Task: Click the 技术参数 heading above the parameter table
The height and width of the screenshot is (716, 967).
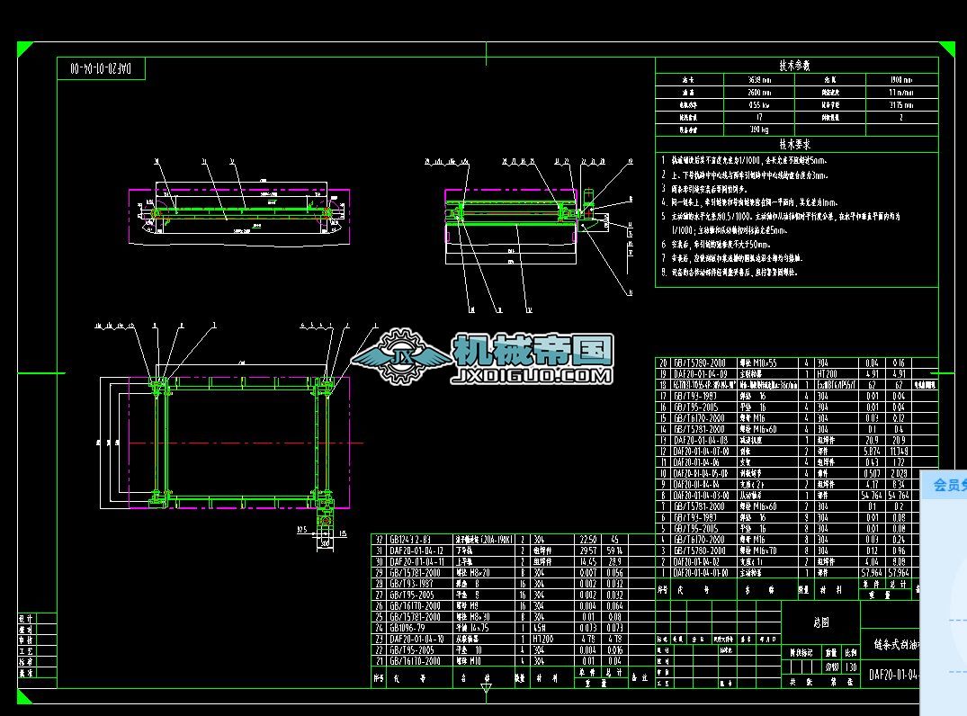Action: click(x=794, y=66)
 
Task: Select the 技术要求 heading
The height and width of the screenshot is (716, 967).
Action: click(x=794, y=144)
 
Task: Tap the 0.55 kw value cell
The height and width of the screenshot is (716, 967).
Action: click(x=758, y=104)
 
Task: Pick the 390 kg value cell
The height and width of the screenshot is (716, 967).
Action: click(x=758, y=130)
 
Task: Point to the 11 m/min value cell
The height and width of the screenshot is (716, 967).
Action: click(x=900, y=92)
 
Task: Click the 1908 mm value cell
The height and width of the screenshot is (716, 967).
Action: click(x=900, y=79)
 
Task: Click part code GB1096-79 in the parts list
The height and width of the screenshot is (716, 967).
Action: click(x=413, y=628)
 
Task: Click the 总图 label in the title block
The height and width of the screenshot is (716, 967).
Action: click(x=820, y=622)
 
